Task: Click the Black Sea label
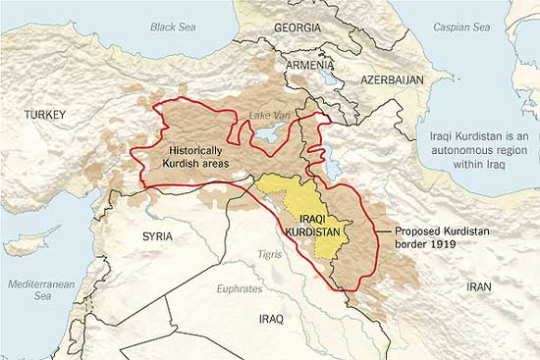175,27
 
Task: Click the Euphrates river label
242,289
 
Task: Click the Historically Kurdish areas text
197,158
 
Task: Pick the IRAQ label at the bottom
270,320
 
